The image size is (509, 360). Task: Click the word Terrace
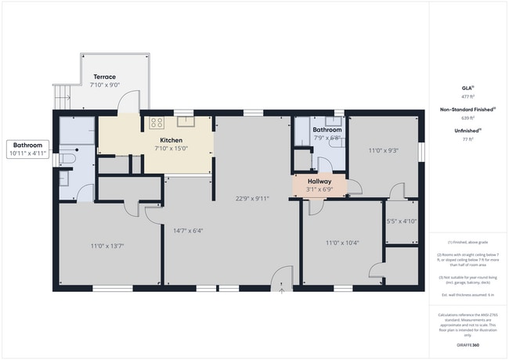tap(105, 77)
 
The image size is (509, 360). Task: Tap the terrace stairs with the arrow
tap(62, 96)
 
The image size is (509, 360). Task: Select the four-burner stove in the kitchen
tap(157, 122)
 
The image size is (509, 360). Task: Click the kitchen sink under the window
tap(185, 121)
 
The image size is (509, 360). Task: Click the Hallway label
tap(319, 181)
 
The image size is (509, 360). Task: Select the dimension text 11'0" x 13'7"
tap(107, 247)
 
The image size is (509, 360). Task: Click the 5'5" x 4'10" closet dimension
tap(402, 221)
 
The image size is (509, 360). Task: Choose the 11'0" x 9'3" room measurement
tap(384, 150)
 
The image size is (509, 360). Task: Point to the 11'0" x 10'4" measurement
tap(342, 243)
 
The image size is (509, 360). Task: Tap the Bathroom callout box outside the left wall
tap(28, 149)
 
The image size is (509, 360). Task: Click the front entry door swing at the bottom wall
tap(281, 278)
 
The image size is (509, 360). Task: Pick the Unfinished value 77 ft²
tap(469, 139)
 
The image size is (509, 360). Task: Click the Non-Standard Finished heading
tap(467, 110)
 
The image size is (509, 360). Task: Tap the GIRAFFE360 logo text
tap(469, 344)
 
